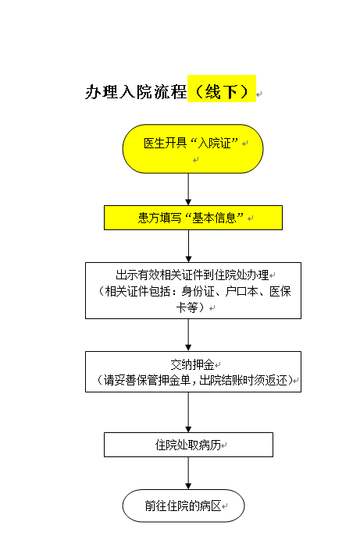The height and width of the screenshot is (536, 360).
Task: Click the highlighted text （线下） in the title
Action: pos(222,91)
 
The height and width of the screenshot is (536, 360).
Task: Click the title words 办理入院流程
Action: pos(136,91)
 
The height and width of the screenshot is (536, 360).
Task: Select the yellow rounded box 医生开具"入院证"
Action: pos(193,149)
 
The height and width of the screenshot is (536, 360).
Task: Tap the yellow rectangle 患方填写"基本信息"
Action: pos(194,218)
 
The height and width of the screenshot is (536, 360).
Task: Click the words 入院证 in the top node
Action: pos(215,144)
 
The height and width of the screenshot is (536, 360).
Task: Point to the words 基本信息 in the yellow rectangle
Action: pos(215,218)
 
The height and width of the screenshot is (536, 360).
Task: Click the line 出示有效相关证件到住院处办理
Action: pos(192,275)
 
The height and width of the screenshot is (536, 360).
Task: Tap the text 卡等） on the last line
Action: pos(191,307)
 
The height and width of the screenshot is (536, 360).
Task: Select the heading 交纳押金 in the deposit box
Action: pos(192,364)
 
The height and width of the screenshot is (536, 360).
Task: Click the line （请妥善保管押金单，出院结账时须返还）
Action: pos(194,380)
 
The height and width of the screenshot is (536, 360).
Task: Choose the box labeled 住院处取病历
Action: pos(188,445)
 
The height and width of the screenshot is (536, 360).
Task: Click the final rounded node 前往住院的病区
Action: pos(184,506)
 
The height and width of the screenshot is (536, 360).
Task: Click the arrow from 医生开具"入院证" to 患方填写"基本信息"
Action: pos(188,190)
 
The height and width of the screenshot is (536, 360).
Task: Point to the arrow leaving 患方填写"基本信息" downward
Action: pos(188,246)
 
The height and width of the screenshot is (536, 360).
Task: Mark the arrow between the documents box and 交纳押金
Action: pos(188,335)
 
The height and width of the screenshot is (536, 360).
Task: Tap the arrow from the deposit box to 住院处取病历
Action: pos(188,412)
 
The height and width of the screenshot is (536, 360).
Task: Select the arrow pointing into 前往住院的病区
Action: pos(188,473)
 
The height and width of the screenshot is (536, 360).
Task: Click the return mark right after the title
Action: pos(259,94)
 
